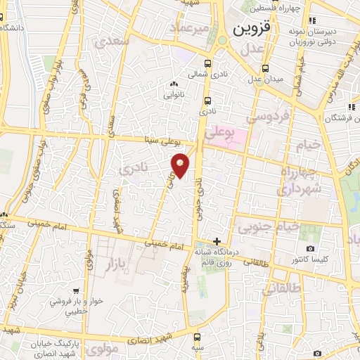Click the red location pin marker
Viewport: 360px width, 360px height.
[181, 165]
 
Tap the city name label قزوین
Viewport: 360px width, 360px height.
[251, 30]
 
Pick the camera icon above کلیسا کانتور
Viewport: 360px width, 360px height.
[310, 249]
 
